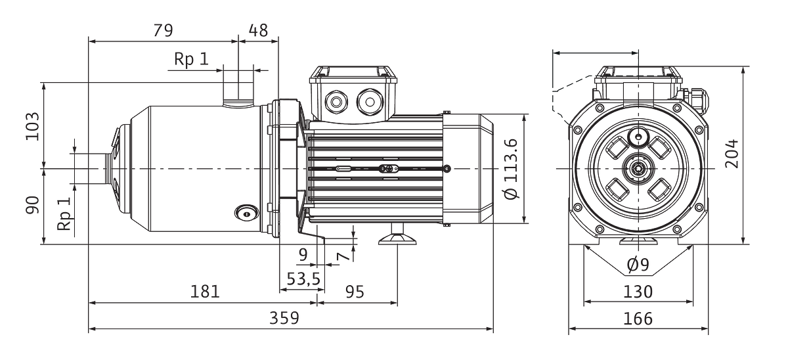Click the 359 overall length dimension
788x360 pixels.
pos(284,318)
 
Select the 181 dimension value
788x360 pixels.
pos(205,292)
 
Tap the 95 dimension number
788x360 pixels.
pos(355,292)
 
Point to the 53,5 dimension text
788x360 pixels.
pos(303,279)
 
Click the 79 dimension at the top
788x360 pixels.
pos(164,31)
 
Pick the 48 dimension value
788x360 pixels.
pos(259,31)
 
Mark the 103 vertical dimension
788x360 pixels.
pos(33,126)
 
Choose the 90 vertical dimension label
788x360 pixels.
pos(33,205)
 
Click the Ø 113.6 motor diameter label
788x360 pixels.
pos(512,169)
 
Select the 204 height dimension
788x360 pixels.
pos(732,154)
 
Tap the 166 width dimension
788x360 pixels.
pos(638,319)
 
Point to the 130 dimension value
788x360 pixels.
pos(638,292)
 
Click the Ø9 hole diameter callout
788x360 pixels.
pos(638,265)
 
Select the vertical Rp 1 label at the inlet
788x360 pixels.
pos(64,214)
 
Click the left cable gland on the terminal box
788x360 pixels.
pos(336,102)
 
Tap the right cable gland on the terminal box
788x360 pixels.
pos(370,102)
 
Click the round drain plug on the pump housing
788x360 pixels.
pos(247,214)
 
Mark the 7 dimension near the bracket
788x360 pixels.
pos(344,256)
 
